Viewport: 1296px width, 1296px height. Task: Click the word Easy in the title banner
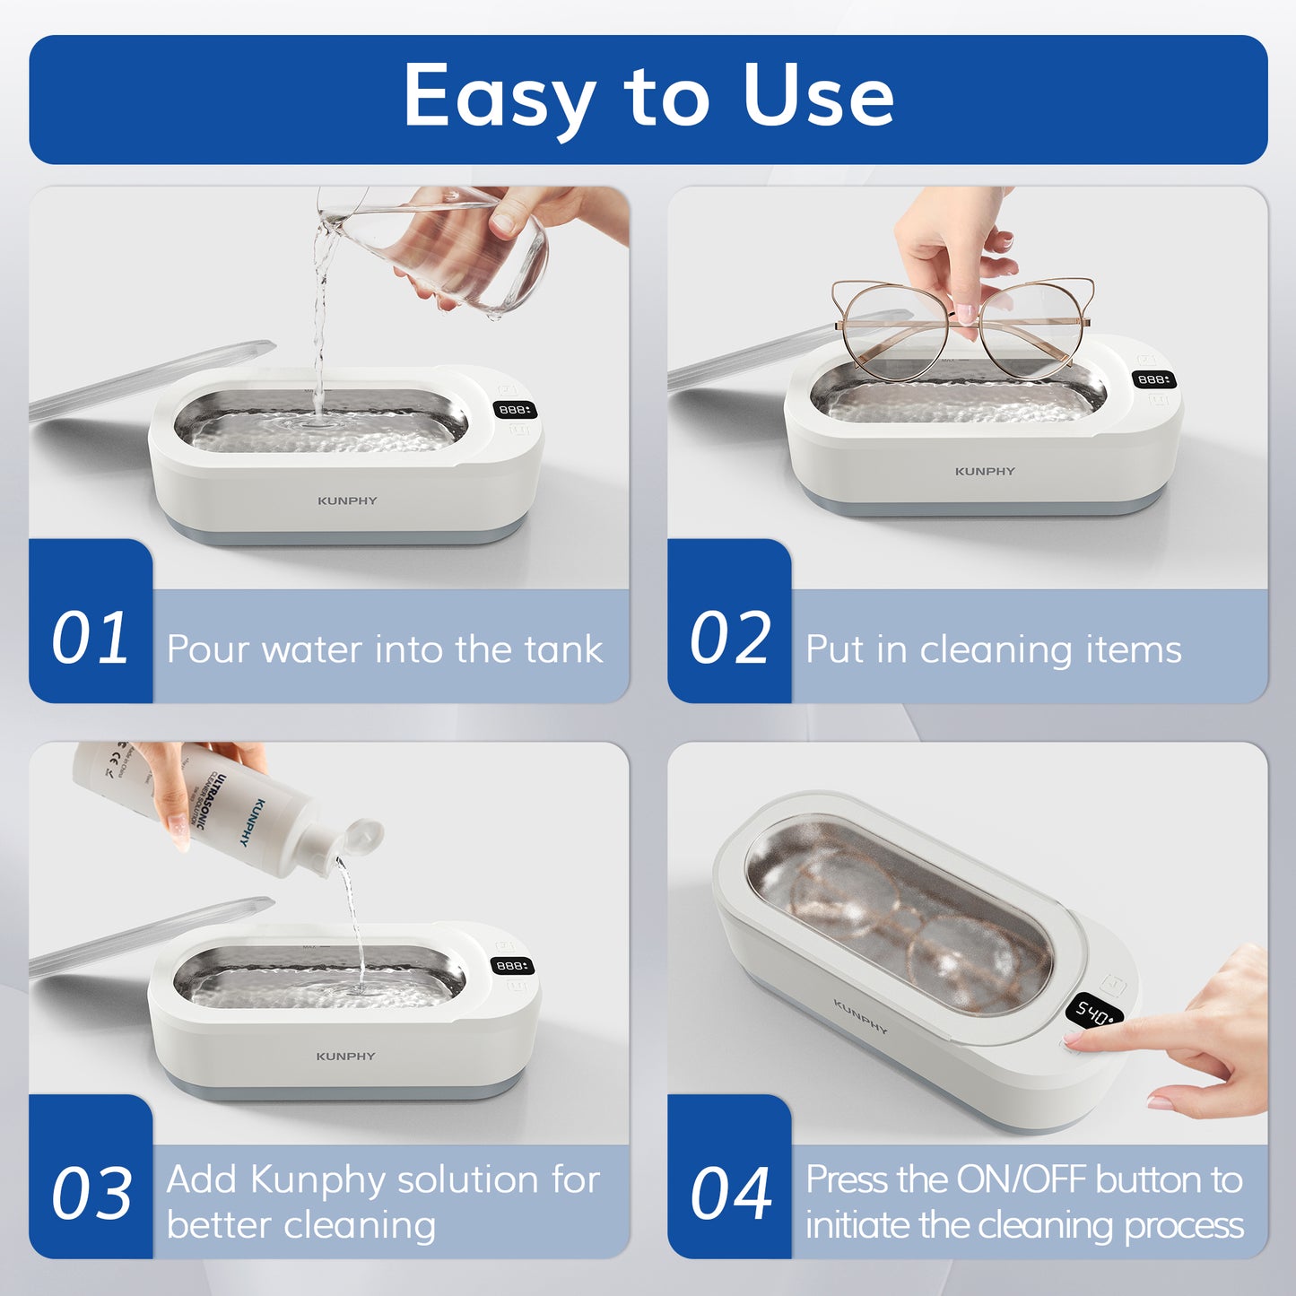point(499,97)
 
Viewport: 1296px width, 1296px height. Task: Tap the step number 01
point(90,639)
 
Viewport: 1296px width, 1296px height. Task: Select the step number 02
point(729,639)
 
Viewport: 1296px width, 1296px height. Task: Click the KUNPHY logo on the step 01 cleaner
point(347,500)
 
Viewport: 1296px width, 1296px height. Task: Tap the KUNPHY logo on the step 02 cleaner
point(985,471)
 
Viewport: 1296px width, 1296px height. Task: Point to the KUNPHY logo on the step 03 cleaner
point(345,1057)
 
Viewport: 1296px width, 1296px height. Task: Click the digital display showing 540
point(1095,1013)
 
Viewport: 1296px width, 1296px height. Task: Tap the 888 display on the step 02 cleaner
point(1152,379)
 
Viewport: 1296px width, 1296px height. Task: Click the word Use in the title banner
point(818,97)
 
